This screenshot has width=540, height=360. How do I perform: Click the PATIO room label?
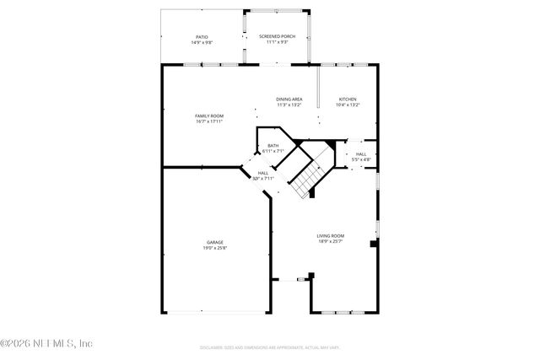[202, 36]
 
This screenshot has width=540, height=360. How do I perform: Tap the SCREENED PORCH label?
[277, 36]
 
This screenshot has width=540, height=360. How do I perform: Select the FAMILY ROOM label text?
[208, 116]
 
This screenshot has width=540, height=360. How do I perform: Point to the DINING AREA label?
[289, 99]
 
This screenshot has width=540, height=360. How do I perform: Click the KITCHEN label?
[348, 99]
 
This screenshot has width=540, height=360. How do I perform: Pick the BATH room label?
[273, 146]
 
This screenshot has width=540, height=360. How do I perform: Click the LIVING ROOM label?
[330, 236]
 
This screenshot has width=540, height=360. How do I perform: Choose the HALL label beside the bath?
[262, 173]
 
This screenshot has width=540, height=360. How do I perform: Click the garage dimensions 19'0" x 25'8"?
[214, 248]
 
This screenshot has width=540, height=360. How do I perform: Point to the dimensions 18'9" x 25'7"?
[330, 242]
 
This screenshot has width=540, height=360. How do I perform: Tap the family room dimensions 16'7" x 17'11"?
[208, 121]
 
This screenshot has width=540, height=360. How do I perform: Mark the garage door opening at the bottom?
[217, 313]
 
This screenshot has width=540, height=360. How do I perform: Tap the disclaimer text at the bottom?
[269, 347]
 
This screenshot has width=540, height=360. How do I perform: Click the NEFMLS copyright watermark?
[46, 343]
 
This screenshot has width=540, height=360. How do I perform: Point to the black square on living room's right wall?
[373, 244]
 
